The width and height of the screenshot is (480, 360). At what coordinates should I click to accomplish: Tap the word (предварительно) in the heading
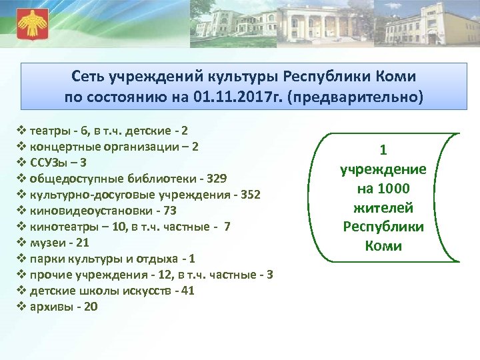pos(354,97)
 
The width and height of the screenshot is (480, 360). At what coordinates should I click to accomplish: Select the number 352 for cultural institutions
pos(248,194)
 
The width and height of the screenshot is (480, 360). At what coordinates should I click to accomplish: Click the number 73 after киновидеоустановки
pos(169,210)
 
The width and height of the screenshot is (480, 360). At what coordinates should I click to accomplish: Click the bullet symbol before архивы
pos(19,307)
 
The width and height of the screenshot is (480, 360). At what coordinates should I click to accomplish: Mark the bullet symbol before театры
pos(19,130)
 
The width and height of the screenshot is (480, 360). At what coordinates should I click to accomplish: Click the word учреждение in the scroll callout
pos(383,169)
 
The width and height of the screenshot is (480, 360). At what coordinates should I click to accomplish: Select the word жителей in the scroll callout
pos(383,207)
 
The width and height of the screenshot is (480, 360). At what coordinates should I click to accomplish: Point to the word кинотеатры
pos(58,226)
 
